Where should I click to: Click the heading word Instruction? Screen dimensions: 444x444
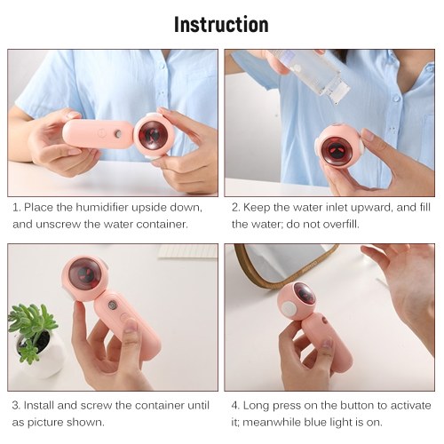pos(221,24)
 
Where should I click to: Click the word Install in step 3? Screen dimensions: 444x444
pos(38,405)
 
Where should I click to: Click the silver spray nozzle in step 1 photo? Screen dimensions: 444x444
pos(118,133)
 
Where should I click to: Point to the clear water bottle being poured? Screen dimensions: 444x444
pos(309,74)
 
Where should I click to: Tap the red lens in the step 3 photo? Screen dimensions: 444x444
pos(84,274)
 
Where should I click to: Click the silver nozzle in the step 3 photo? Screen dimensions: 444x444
pos(112,305)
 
